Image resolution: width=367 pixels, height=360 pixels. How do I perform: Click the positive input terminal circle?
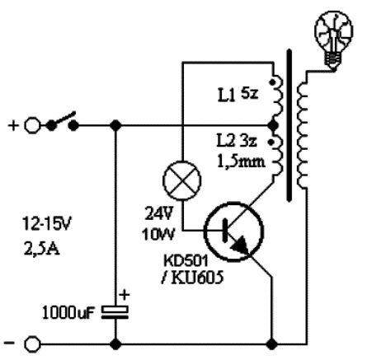32,125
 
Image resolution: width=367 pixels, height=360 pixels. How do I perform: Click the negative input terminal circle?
32,344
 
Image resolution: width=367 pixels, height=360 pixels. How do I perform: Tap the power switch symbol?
62,122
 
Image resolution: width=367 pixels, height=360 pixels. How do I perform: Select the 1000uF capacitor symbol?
115,312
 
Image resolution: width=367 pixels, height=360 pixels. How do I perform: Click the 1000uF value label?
68,313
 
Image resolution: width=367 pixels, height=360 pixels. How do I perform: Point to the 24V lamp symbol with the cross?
182,180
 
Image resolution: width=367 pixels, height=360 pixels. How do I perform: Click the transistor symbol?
233,231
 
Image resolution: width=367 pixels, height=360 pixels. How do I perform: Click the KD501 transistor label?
186,261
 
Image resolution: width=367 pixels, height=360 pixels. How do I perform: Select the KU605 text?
197,278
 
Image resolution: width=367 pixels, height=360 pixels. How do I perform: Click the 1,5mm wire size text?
241,161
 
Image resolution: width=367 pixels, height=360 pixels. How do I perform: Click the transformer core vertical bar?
289,125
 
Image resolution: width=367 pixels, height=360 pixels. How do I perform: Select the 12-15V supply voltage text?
47,224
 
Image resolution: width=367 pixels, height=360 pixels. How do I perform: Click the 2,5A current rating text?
42,249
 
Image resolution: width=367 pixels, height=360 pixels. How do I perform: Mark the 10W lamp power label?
158,234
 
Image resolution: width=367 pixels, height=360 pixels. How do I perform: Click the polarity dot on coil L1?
272,82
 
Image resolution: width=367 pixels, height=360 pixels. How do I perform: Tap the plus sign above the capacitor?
125,295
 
